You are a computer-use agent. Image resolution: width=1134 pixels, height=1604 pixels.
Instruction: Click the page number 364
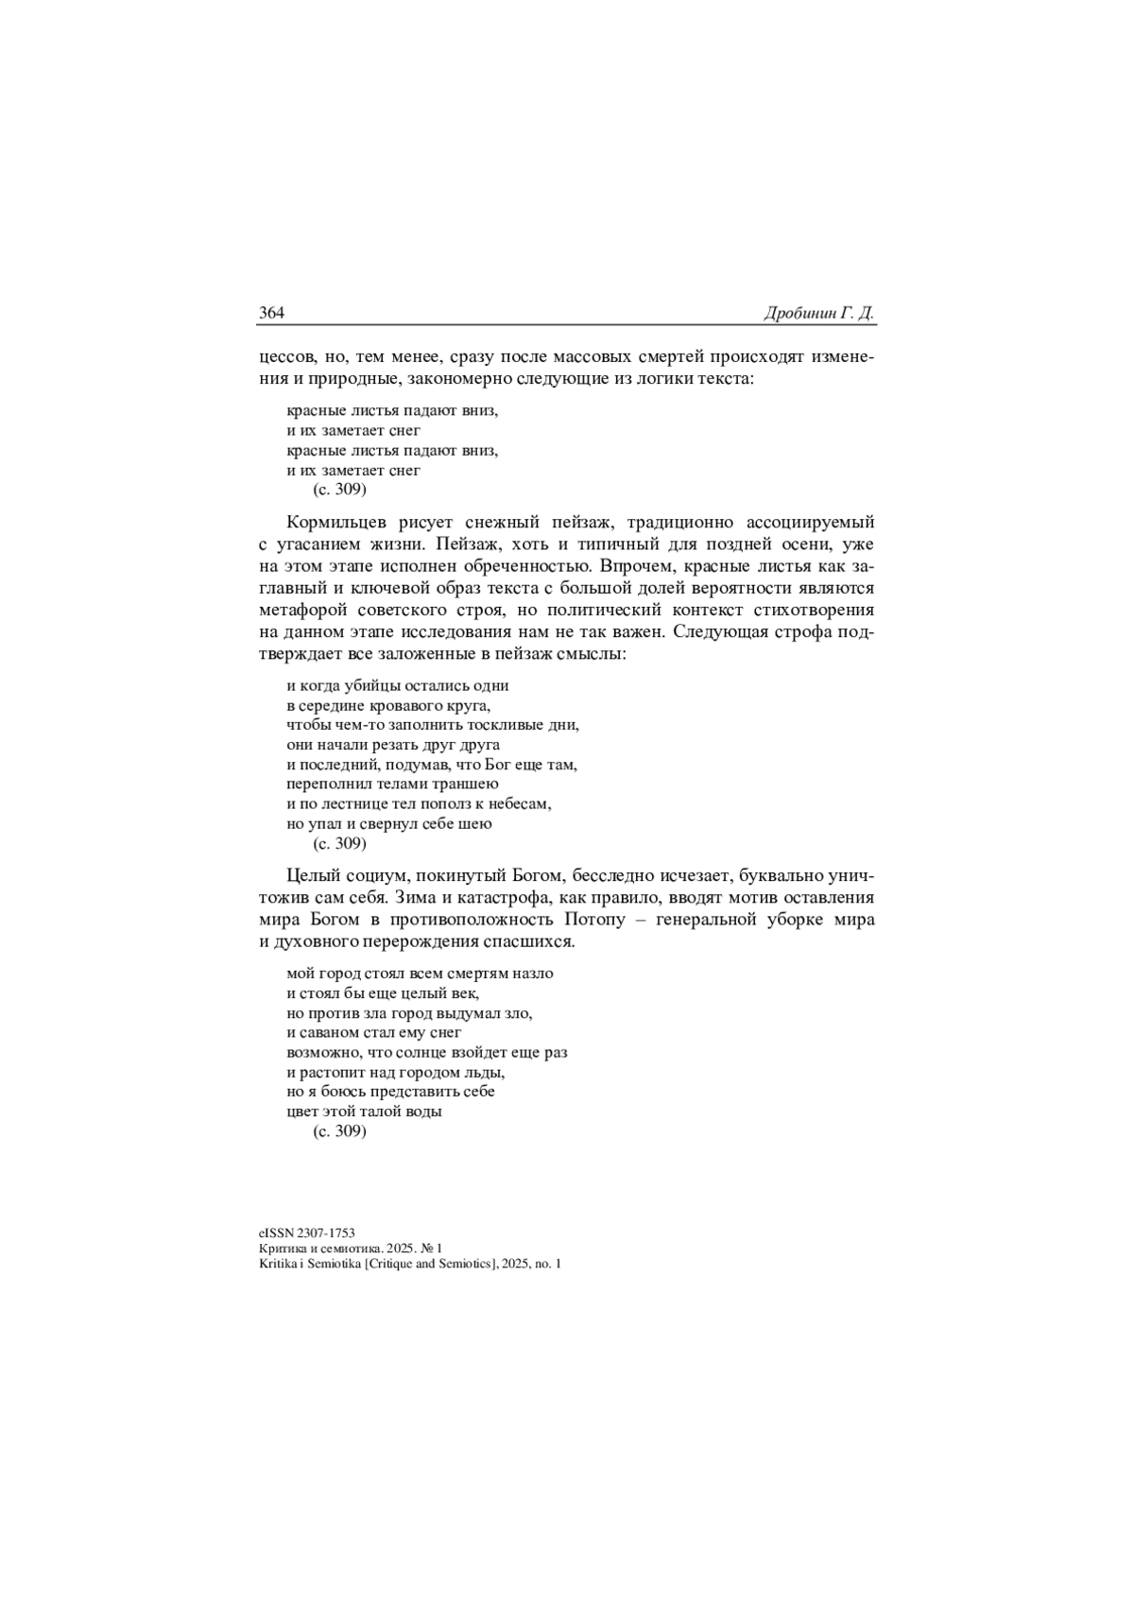click(272, 314)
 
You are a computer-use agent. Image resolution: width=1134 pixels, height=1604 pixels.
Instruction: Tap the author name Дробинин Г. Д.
click(818, 314)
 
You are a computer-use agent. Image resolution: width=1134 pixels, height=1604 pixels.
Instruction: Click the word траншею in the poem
click(466, 785)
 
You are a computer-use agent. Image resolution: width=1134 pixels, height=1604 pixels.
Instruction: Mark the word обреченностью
click(507, 565)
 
